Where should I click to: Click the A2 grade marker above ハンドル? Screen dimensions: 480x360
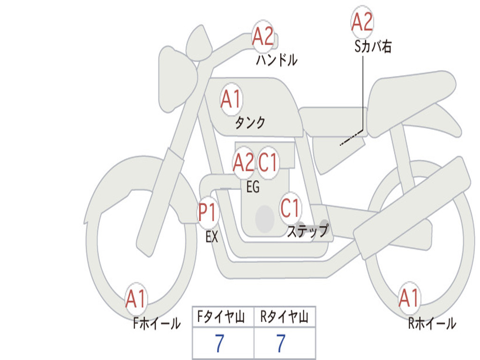click(262, 36)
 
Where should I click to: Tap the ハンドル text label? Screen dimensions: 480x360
click(277, 60)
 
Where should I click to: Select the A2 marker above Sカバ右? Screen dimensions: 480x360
click(362, 22)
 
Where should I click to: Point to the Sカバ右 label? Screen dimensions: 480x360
click(373, 46)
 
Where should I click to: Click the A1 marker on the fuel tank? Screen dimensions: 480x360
click(231, 99)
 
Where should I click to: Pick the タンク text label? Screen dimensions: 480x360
click(250, 123)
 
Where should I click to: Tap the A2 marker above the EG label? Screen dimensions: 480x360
click(243, 163)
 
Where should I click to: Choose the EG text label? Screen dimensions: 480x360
click(253, 187)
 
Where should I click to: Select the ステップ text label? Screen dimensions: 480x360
click(307, 231)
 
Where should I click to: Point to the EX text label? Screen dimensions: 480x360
click(212, 237)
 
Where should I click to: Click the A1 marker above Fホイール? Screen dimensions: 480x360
click(136, 299)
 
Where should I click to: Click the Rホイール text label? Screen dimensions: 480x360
click(432, 323)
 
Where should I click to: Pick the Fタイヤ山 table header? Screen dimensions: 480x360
click(223, 318)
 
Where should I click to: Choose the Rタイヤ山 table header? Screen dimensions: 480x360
click(285, 318)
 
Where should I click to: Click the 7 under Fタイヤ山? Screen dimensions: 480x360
click(219, 344)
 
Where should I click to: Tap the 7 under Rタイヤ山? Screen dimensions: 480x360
click(280, 344)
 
